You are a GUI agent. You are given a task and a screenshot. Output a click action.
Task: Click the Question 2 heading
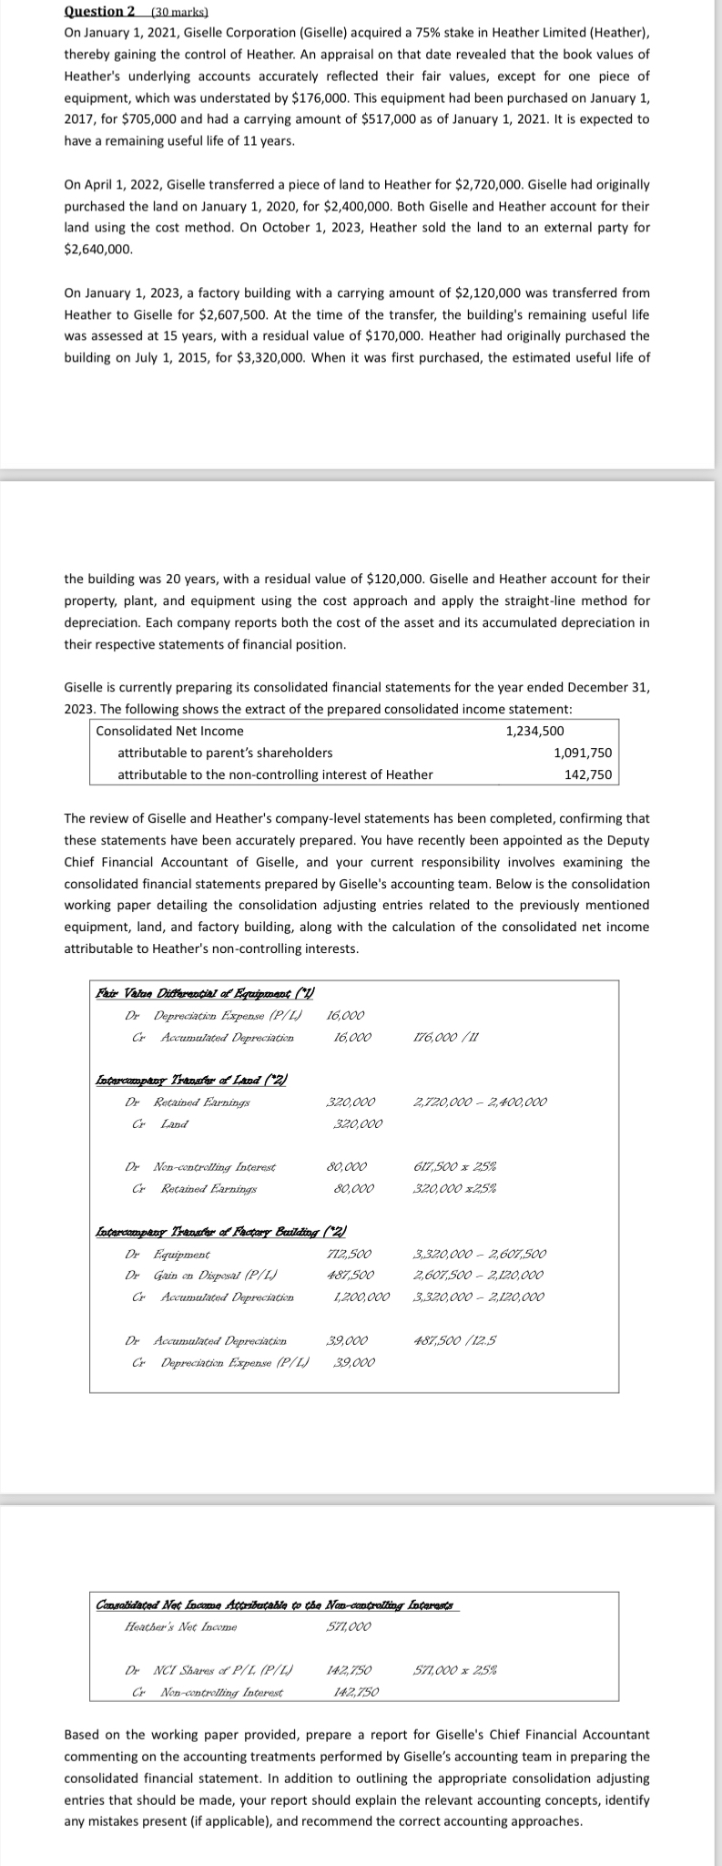click(x=99, y=11)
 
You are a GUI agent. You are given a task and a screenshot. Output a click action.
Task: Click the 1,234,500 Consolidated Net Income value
click(x=534, y=731)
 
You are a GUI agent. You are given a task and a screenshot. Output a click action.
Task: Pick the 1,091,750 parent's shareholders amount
click(x=583, y=753)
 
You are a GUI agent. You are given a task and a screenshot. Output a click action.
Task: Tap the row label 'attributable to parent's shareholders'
click(x=225, y=753)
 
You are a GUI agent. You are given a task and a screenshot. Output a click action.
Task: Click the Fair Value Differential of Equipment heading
click(x=205, y=993)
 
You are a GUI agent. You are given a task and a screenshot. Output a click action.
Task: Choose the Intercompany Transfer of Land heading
click(x=192, y=1081)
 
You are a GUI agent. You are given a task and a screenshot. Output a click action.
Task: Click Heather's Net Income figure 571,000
click(x=348, y=1626)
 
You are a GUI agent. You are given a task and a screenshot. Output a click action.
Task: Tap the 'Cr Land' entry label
click(x=168, y=1124)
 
